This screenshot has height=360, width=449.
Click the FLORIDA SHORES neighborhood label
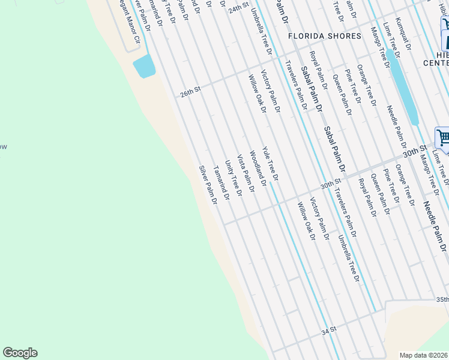[325, 36]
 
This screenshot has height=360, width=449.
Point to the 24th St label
[238, 7]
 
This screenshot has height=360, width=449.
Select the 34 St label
[328, 331]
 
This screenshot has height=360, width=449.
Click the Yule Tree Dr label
[270, 164]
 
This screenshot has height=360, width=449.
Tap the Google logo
[20, 353]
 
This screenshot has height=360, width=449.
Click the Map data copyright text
[424, 355]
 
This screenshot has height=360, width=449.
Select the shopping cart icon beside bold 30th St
[443, 137]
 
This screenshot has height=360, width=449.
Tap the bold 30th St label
[415, 150]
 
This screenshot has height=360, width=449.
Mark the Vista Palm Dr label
[246, 173]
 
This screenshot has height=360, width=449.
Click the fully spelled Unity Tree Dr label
[233, 178]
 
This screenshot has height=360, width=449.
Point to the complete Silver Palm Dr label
[208, 185]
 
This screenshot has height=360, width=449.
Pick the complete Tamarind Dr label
[221, 183]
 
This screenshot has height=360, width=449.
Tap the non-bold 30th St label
[331, 184]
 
